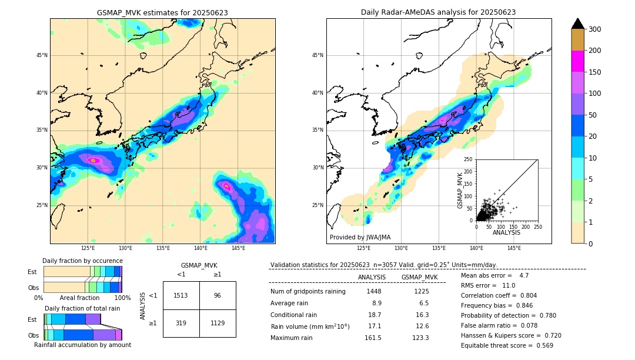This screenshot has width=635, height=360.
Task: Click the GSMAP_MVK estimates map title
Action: [162, 12]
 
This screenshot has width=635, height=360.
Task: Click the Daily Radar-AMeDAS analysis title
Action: [438, 12]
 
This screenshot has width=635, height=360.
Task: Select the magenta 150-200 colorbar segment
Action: [577, 61]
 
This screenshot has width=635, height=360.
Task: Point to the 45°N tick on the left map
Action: [42, 55]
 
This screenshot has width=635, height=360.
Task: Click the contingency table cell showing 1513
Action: [181, 295]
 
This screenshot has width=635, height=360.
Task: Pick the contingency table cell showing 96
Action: [218, 295]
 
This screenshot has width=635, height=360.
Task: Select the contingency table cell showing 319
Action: [181, 322]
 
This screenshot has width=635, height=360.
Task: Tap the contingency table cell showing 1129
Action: [218, 322]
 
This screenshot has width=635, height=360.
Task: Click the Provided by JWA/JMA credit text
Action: [360, 238]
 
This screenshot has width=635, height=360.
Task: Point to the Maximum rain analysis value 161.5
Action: [373, 338]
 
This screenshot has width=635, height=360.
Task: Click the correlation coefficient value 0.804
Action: [524, 295]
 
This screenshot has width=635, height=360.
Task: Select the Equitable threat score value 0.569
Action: [540, 345]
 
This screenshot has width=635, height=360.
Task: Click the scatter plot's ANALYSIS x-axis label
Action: [506, 232]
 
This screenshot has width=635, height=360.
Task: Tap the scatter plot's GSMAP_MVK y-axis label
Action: [461, 189]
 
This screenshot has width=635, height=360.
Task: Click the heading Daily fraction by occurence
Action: [82, 261]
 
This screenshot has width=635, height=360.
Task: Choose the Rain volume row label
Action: [310, 326]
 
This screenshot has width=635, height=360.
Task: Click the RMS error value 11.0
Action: [509, 285]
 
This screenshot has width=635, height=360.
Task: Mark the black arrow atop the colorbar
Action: [577, 24]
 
